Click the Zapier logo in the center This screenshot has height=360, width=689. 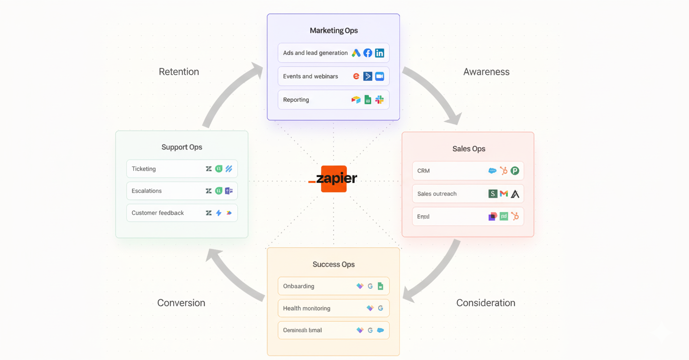pos(334,179)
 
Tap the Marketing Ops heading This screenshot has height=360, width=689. pos(334,30)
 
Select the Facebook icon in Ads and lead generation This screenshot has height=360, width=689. pos(367,53)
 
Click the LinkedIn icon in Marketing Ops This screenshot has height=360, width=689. pos(379,53)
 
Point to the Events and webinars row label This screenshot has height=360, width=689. pos(310,76)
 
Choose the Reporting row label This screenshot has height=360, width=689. pos(296,100)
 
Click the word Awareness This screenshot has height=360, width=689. pos(486,72)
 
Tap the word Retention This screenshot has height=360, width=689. pos(179,72)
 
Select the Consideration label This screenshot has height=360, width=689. pos(485,303)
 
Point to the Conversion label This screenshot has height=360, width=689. pos(181,303)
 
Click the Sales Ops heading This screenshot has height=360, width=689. pos(468,149)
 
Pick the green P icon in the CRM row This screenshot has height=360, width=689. pos(515,171)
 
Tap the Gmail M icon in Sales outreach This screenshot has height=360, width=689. pos(504,194)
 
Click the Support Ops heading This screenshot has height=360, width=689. pos(182,147)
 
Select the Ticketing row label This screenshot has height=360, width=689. pos(143,169)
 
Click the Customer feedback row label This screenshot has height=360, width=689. pos(158,213)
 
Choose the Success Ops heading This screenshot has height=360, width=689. pos(333,265)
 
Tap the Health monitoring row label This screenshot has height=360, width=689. pos(306,308)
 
